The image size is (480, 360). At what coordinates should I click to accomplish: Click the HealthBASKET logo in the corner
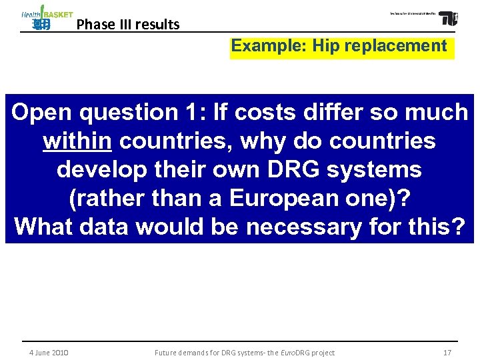[46, 18]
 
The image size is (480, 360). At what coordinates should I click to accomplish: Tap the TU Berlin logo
[448, 18]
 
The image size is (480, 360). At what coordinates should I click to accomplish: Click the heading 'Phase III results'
[128, 25]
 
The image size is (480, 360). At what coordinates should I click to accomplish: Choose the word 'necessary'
[299, 227]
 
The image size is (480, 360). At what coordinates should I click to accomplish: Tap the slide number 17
[447, 353]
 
